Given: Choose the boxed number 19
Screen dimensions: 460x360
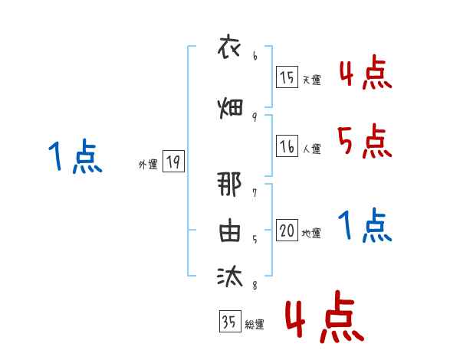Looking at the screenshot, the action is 173,162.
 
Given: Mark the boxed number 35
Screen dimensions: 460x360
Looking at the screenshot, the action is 229,322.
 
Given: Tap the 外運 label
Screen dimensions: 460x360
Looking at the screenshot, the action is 147,164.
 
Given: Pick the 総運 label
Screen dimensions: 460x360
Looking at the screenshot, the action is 254,325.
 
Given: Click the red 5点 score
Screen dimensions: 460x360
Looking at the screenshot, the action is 364,142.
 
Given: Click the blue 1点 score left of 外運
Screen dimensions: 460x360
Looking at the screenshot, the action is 74,158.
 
